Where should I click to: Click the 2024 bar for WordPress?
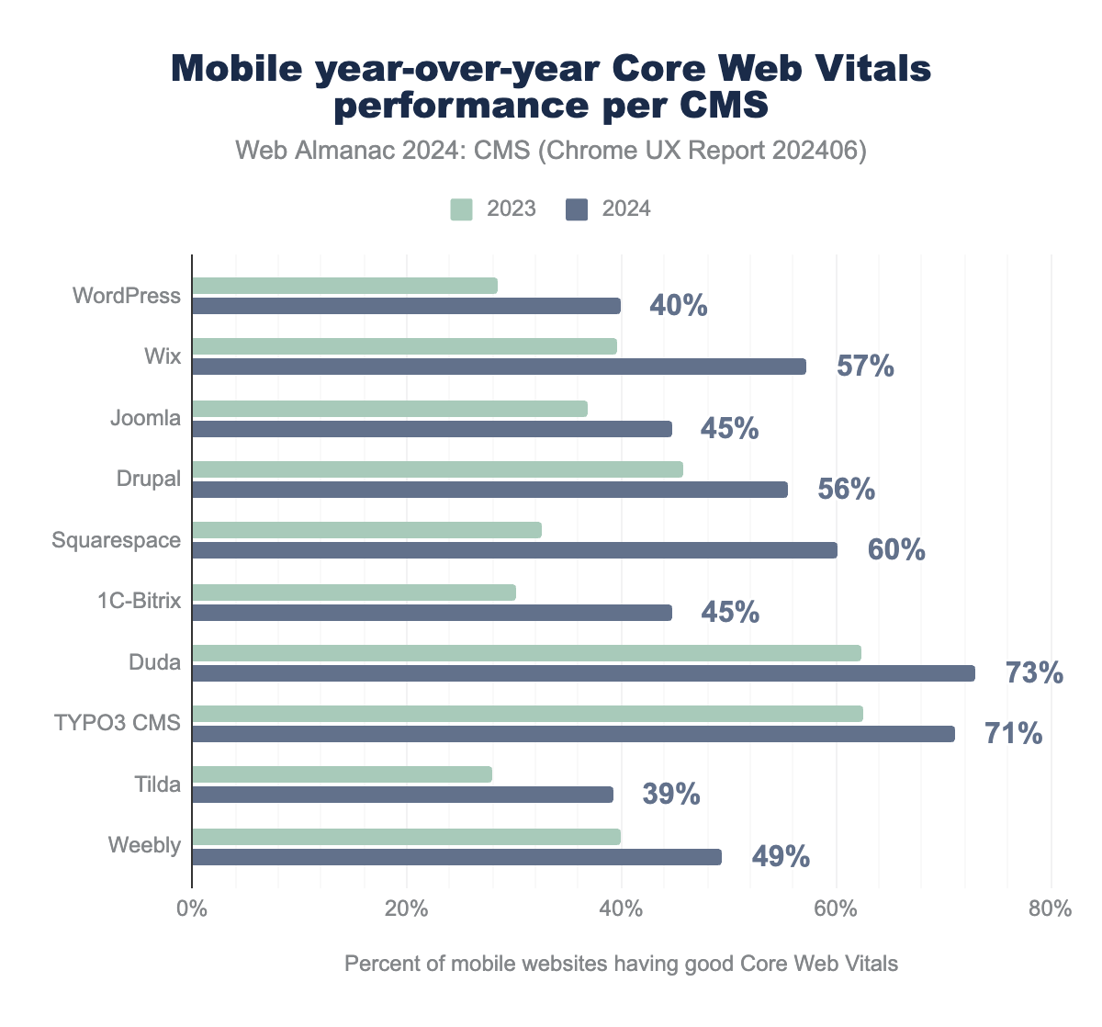tap(406, 306)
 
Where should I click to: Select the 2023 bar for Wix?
tap(404, 346)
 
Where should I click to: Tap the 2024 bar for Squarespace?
tap(514, 550)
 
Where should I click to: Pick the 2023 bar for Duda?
tap(526, 653)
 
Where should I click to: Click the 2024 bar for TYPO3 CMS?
tap(573, 734)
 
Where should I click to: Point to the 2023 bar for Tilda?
tap(342, 774)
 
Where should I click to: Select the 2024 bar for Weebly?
tap(456, 857)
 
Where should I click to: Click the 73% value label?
tap(1034, 673)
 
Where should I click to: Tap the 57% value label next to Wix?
tap(865, 367)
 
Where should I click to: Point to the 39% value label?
tap(671, 795)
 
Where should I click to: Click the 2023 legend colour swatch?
tap(461, 209)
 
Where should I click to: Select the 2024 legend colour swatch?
tap(577, 209)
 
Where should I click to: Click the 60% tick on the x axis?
tap(836, 909)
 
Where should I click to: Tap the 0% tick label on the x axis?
tap(191, 909)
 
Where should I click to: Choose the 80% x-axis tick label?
tap(1051, 909)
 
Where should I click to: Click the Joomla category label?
tap(145, 418)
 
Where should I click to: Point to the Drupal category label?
tap(149, 479)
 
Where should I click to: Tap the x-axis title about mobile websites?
tap(621, 964)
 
